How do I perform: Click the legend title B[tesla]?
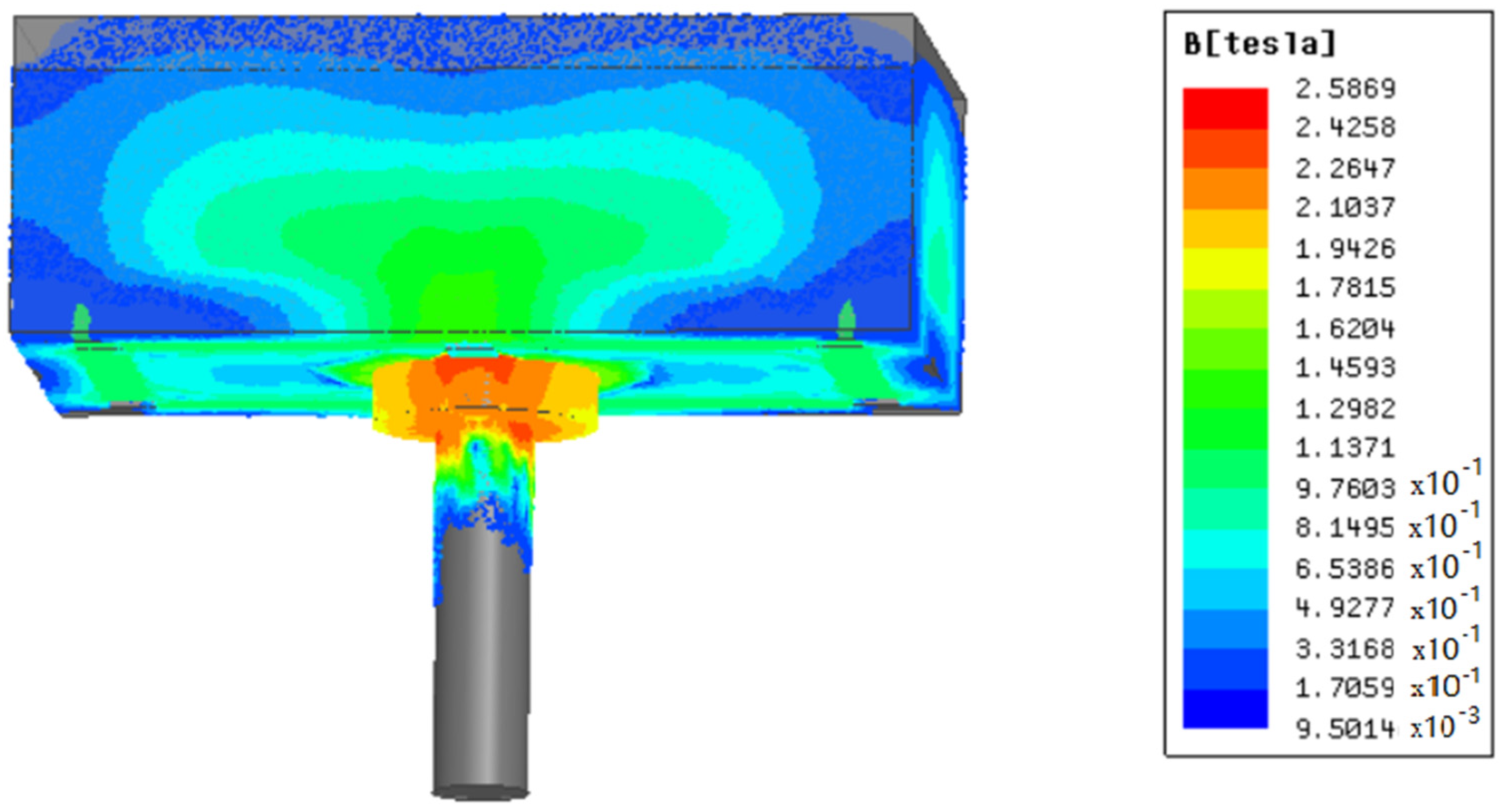(1259, 43)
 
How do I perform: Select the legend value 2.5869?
(1345, 88)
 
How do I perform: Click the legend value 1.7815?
(1345, 287)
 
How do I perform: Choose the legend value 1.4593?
(1345, 367)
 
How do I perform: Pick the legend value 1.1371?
(1345, 448)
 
